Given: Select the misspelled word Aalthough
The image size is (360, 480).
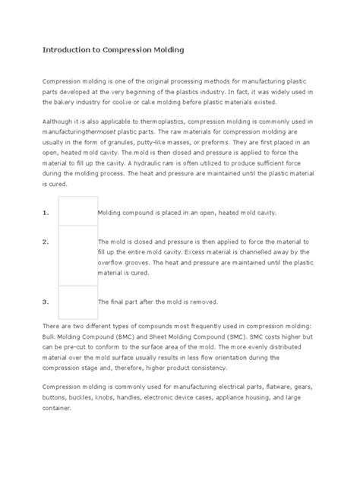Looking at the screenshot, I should (x=58, y=122).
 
